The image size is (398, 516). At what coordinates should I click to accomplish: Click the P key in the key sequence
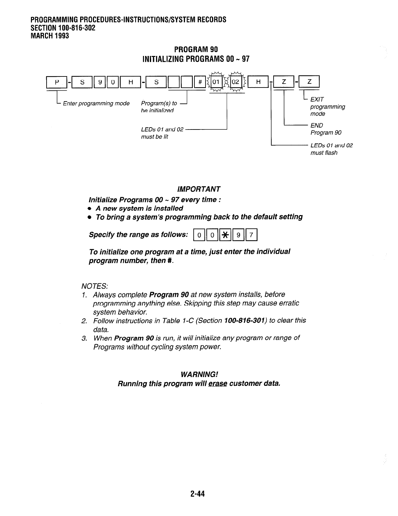57,82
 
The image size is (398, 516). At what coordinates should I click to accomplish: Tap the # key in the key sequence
199,82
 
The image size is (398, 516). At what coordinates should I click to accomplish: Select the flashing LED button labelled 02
235,82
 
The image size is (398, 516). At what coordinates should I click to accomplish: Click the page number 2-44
198,494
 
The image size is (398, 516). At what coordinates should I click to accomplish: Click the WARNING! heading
199,374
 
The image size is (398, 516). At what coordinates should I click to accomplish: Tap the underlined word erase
217,383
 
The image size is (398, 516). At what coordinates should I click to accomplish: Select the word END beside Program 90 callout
317,125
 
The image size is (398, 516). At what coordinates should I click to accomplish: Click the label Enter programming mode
96,103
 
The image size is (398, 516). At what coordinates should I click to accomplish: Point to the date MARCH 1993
50,36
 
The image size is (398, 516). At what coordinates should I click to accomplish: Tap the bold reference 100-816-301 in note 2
245,320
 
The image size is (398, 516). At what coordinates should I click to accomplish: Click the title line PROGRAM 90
196,49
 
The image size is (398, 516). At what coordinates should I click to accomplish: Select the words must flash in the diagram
324,153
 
